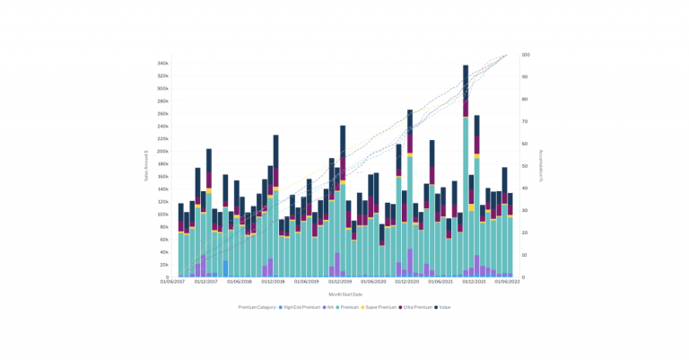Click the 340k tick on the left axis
tap(162, 64)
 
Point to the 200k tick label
tap(162, 152)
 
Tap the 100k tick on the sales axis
tap(162, 215)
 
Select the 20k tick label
tap(163, 265)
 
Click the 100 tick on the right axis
tap(526, 55)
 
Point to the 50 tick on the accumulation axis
tap(525, 166)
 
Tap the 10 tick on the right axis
tap(525, 255)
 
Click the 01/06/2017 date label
tap(172, 282)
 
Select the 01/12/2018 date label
tap(273, 282)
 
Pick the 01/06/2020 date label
tap(374, 282)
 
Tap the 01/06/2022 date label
tap(508, 282)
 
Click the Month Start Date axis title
tap(345, 294)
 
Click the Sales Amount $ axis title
tap(145, 166)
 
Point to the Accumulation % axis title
tap(542, 166)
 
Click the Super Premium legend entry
tap(379, 307)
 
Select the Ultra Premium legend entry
tap(417, 307)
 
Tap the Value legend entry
tap(444, 307)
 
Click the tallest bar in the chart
tap(466, 171)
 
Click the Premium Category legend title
tap(257, 307)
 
